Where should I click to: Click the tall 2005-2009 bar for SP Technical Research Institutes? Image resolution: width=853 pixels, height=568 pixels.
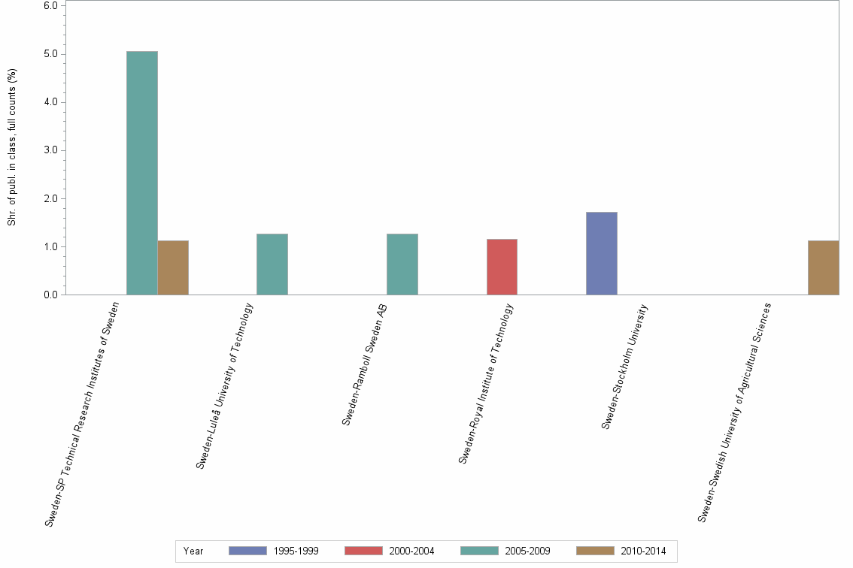pyautogui.click(x=142, y=173)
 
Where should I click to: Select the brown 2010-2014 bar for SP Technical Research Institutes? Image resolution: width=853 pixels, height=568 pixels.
pyautogui.click(x=173, y=267)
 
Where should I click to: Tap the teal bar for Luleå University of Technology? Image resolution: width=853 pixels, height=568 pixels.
pyautogui.click(x=272, y=264)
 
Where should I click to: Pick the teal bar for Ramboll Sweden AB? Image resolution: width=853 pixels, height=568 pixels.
pyautogui.click(x=402, y=264)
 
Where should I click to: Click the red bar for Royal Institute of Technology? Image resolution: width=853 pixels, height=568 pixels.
pyautogui.click(x=502, y=267)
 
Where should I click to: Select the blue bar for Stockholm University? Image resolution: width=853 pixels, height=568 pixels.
pyautogui.click(x=602, y=253)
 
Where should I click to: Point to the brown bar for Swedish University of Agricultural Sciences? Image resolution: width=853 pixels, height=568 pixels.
pyautogui.click(x=823, y=267)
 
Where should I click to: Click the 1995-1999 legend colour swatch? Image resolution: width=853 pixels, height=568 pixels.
pyautogui.click(x=247, y=551)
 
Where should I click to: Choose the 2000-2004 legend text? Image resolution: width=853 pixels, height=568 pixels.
pyautogui.click(x=411, y=551)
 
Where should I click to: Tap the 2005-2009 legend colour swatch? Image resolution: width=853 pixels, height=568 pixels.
pyautogui.click(x=479, y=551)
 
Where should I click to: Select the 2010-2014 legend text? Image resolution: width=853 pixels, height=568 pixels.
pyautogui.click(x=643, y=551)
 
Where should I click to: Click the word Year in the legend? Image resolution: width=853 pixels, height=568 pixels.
pyautogui.click(x=193, y=551)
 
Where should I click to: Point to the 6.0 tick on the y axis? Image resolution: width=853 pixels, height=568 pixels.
pyautogui.click(x=51, y=6)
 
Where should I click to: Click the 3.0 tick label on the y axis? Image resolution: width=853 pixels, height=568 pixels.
pyautogui.click(x=51, y=150)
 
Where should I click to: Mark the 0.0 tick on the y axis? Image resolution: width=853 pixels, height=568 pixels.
pyautogui.click(x=51, y=295)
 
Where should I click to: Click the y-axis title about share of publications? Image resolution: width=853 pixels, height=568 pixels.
pyautogui.click(x=12, y=147)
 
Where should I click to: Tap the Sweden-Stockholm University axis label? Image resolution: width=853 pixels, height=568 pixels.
pyautogui.click(x=624, y=366)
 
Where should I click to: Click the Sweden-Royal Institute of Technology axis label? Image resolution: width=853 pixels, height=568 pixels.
pyautogui.click(x=486, y=383)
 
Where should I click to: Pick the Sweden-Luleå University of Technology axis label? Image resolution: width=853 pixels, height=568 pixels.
pyautogui.click(x=225, y=386)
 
